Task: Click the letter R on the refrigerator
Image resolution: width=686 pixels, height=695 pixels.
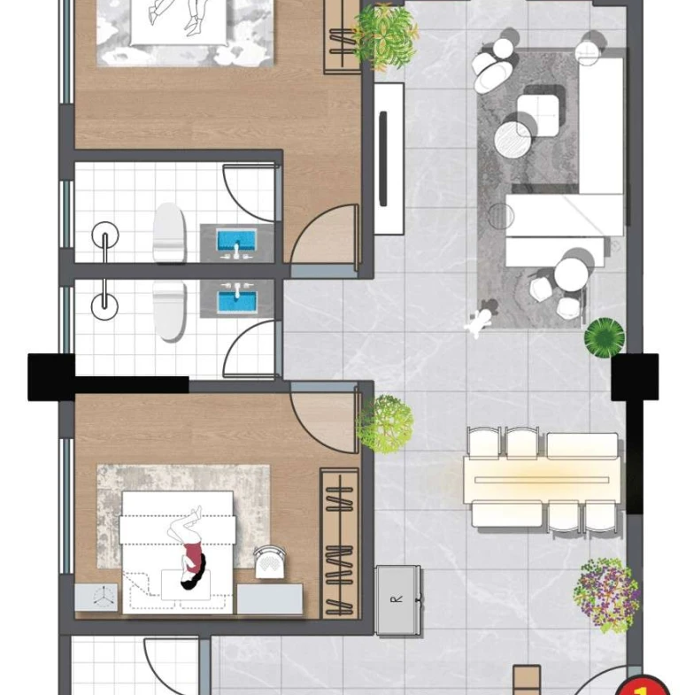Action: coord(397,599)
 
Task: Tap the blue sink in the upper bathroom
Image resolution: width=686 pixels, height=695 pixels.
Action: coord(236,242)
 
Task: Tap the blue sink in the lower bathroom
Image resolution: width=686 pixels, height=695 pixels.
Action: coord(236,300)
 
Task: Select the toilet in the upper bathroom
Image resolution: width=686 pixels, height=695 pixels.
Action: coord(169,232)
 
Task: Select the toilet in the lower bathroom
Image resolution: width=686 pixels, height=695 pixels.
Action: coord(169,310)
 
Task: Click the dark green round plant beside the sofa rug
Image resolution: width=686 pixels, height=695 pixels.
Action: coord(604,337)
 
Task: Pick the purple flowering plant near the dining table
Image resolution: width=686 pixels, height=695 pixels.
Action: coord(606,595)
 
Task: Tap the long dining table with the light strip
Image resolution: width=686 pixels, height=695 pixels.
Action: coord(542,480)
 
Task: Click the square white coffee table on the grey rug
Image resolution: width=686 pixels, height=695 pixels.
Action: coord(537,115)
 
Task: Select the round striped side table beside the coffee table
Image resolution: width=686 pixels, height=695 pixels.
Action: coord(513,140)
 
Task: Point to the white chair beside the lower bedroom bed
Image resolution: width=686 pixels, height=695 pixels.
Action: coord(270,561)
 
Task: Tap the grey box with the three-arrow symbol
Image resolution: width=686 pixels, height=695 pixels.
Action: coord(96,598)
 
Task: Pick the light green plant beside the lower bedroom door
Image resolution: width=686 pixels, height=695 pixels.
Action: coord(385,424)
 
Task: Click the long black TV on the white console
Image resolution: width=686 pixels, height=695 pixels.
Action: coord(383,158)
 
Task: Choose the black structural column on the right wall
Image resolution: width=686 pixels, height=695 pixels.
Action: coord(635,377)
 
